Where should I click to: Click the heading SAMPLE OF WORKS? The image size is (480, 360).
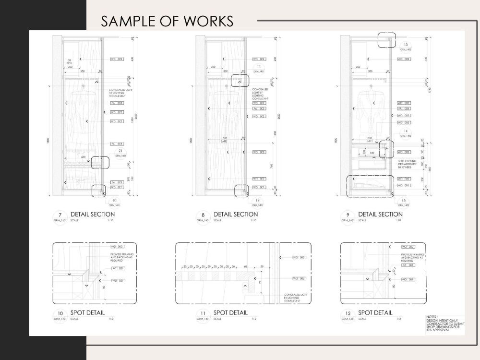167,21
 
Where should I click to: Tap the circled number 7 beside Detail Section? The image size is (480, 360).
60,215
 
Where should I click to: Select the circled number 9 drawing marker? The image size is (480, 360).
348,215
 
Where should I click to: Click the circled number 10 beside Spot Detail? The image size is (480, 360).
60,313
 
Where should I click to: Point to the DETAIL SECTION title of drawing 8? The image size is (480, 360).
235,214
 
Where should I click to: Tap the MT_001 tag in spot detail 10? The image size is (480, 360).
118,268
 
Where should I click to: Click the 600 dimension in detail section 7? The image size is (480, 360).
83,156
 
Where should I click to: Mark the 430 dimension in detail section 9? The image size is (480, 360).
372,153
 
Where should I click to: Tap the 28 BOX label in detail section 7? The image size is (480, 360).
69,61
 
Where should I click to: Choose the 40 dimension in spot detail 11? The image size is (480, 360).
246,266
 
